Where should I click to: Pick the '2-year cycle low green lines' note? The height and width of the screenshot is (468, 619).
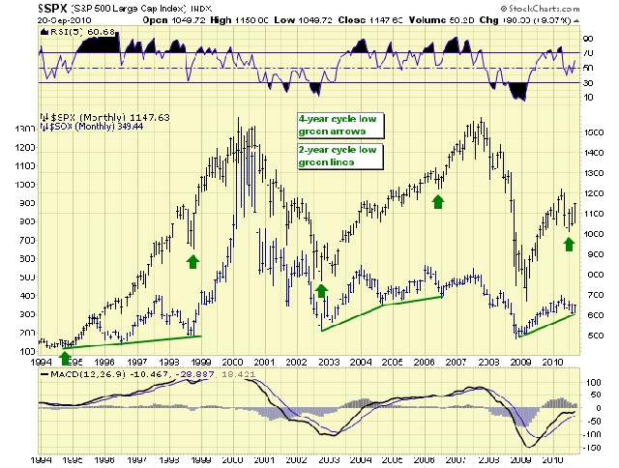coord(339,156)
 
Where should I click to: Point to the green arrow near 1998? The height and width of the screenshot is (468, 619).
coord(192,260)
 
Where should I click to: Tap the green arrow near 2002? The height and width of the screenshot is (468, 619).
coord(321,289)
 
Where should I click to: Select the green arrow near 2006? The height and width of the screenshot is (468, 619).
coord(438,200)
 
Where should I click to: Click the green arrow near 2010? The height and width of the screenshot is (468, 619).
coord(569,244)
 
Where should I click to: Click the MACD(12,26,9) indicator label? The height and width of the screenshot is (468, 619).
coord(74,373)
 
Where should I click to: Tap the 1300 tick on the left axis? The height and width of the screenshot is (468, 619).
coord(19,128)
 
